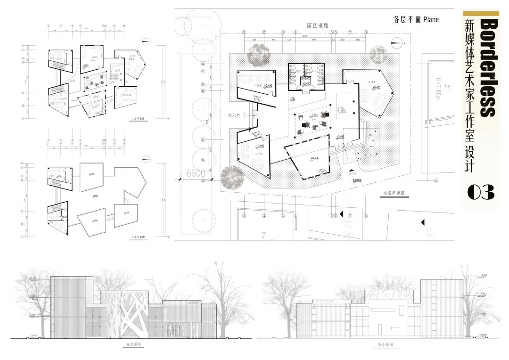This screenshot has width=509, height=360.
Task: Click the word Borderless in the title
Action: point(488,67)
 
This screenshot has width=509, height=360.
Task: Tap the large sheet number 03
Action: point(481,192)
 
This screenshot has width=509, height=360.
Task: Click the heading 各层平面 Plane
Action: point(416,20)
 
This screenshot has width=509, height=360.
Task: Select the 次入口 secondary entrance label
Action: point(234,115)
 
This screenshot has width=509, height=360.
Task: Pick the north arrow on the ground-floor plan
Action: point(401,44)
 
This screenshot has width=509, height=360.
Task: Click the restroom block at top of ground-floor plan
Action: point(307,76)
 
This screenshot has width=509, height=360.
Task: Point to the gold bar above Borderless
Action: point(481,14)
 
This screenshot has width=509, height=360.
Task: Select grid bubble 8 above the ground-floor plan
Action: point(366,33)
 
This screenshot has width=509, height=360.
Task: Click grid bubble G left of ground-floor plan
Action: point(203,63)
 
